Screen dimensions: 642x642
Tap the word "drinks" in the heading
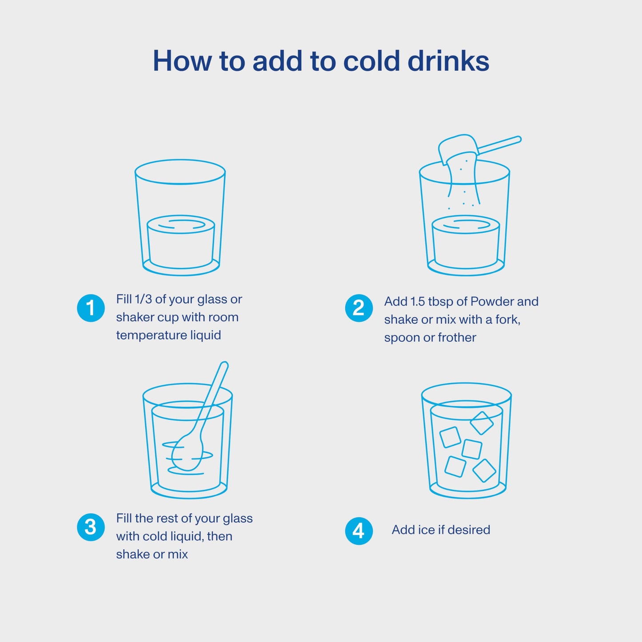448,60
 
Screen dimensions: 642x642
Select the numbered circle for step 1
91,308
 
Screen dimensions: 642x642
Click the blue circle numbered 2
359,308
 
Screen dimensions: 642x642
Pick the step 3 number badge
91,527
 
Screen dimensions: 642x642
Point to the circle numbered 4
359,531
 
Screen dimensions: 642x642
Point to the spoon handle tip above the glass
224,365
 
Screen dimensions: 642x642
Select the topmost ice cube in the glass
482,423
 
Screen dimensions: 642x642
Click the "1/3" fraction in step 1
143,299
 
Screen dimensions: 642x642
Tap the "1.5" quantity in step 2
418,302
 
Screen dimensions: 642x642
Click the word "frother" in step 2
457,338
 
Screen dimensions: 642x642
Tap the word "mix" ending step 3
178,554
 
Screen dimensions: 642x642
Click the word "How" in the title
182,60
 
